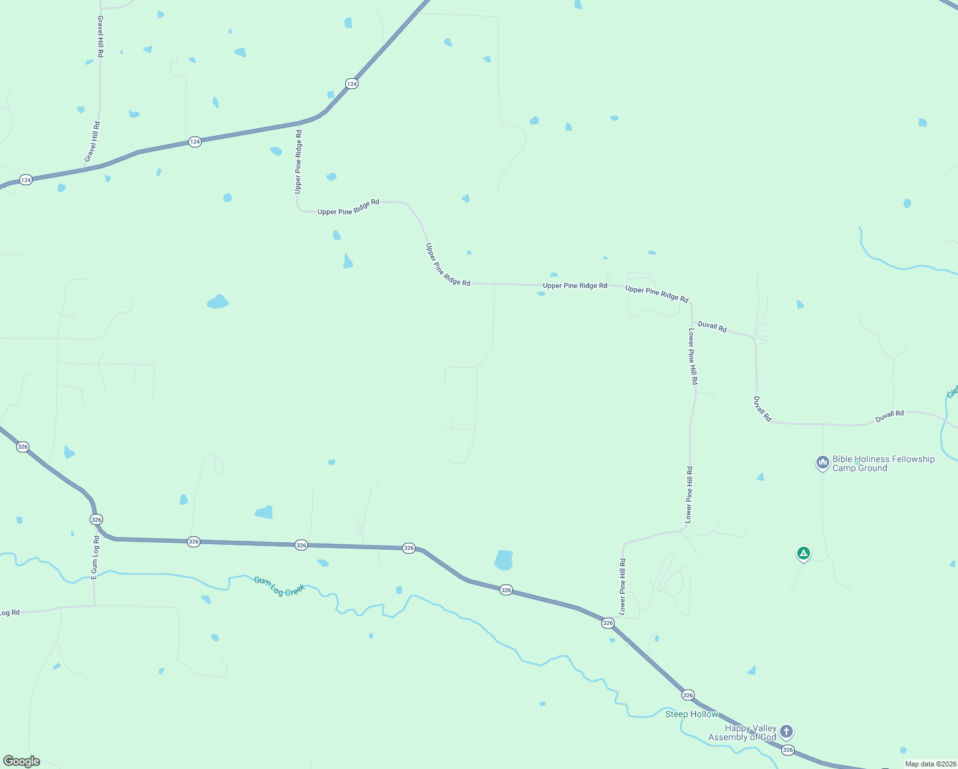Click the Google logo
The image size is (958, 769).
click(x=22, y=761)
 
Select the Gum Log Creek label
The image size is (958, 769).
click(x=279, y=586)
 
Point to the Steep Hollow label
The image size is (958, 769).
click(x=692, y=714)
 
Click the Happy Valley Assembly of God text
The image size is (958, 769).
click(x=743, y=732)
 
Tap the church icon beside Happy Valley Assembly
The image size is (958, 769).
click(x=786, y=731)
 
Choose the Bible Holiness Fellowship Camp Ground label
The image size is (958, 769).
click(x=883, y=463)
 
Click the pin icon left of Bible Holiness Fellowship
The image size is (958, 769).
click(x=823, y=462)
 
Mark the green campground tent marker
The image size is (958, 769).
click(x=803, y=553)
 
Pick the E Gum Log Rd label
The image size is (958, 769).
click(x=95, y=558)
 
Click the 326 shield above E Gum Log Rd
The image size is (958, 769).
click(x=96, y=519)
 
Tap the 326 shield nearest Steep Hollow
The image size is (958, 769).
click(x=688, y=695)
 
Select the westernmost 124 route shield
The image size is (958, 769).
click(x=26, y=180)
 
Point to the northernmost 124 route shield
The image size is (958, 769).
click(x=352, y=84)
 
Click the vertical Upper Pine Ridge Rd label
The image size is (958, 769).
click(x=298, y=161)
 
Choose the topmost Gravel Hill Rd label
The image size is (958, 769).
click(x=101, y=37)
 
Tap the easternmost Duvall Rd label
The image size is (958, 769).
click(x=889, y=416)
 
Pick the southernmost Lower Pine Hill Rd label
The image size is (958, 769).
click(x=622, y=586)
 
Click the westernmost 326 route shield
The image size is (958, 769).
click(x=23, y=447)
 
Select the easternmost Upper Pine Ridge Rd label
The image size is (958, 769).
click(x=656, y=294)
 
